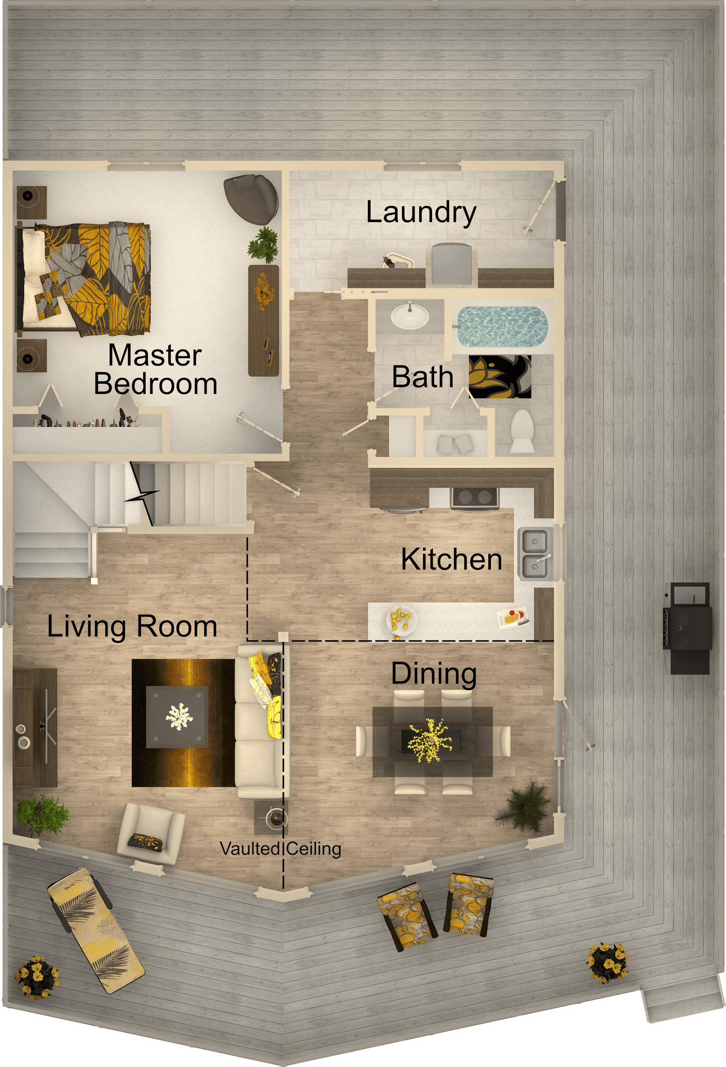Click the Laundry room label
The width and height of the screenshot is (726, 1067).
(x=421, y=212)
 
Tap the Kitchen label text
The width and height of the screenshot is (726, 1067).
(x=451, y=559)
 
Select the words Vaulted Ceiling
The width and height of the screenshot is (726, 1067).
(x=281, y=848)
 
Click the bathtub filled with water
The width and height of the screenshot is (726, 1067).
(x=501, y=327)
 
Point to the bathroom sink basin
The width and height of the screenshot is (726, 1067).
(x=410, y=316)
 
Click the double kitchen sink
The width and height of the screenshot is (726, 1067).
(x=536, y=554)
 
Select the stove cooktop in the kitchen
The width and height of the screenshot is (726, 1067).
(x=475, y=497)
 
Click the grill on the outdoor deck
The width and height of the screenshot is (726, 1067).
(x=687, y=628)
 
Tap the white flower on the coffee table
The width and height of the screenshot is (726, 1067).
(x=179, y=716)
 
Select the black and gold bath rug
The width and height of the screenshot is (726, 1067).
(x=500, y=377)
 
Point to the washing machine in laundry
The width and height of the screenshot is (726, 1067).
(x=452, y=264)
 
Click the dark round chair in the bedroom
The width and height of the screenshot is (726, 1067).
(x=252, y=199)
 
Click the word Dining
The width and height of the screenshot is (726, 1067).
(x=434, y=674)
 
